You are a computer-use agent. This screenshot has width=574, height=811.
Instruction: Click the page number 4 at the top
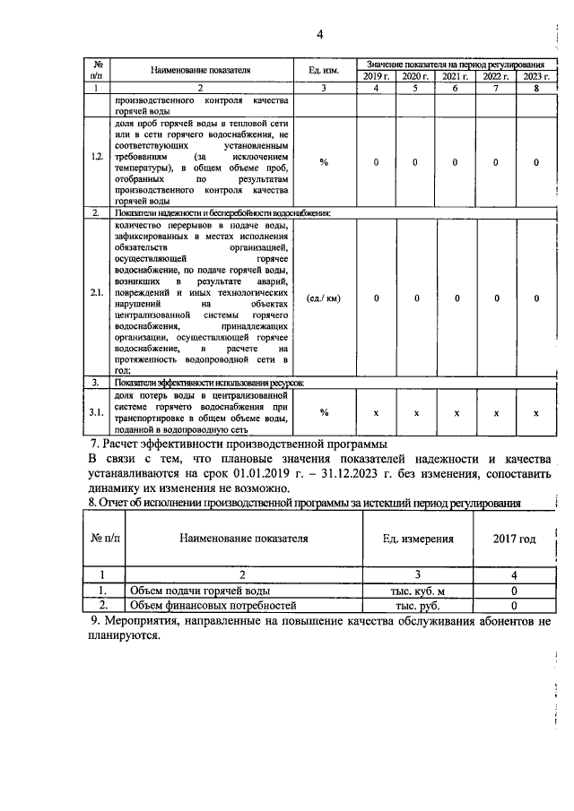coord(318,34)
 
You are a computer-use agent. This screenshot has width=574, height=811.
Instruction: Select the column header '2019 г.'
coord(377,76)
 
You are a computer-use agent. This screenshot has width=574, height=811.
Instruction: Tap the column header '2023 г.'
coord(535,76)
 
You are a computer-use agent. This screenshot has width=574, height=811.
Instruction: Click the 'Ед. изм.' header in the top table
coord(322,70)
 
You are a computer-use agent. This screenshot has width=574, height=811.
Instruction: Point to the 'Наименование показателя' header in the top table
coord(200,70)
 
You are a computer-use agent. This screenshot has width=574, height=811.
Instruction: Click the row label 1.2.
coord(97,162)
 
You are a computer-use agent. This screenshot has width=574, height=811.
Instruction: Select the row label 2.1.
coord(97,298)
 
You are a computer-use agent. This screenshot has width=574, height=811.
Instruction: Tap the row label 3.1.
coord(97,413)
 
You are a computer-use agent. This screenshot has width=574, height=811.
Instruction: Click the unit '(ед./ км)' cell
coord(323,298)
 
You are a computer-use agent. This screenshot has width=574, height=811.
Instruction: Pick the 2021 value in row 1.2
coord(457,162)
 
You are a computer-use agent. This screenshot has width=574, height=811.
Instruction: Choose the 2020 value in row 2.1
coord(416,298)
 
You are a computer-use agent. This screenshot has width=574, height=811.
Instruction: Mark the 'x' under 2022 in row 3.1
coord(496,413)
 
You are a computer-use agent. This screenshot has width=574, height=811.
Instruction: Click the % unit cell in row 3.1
coord(323,413)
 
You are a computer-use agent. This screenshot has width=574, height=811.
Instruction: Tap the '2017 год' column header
coord(515,539)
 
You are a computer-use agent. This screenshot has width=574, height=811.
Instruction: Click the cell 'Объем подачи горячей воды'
coord(198,591)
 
